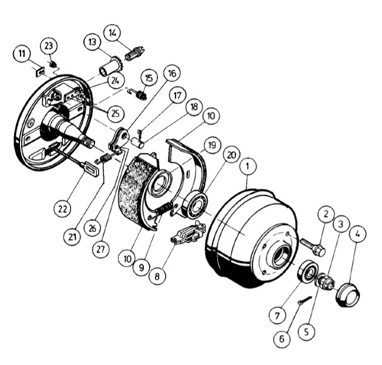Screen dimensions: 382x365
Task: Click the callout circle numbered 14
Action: coord(112,33)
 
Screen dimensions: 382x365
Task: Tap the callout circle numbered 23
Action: coord(49,46)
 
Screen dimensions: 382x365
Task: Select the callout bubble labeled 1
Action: coord(248,166)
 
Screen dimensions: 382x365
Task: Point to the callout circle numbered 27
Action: coord(100,249)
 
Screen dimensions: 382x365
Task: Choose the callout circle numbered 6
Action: coord(282,339)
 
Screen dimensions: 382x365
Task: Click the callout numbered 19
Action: coord(212,145)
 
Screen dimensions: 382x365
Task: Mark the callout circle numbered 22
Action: coord(62,209)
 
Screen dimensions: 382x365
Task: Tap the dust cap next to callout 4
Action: coord(348,295)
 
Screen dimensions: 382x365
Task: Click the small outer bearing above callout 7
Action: coord(307,271)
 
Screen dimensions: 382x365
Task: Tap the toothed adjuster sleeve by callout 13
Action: coord(111,66)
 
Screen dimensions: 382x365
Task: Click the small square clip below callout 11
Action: coord(40,72)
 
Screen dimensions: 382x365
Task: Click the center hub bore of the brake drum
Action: coord(282,255)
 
